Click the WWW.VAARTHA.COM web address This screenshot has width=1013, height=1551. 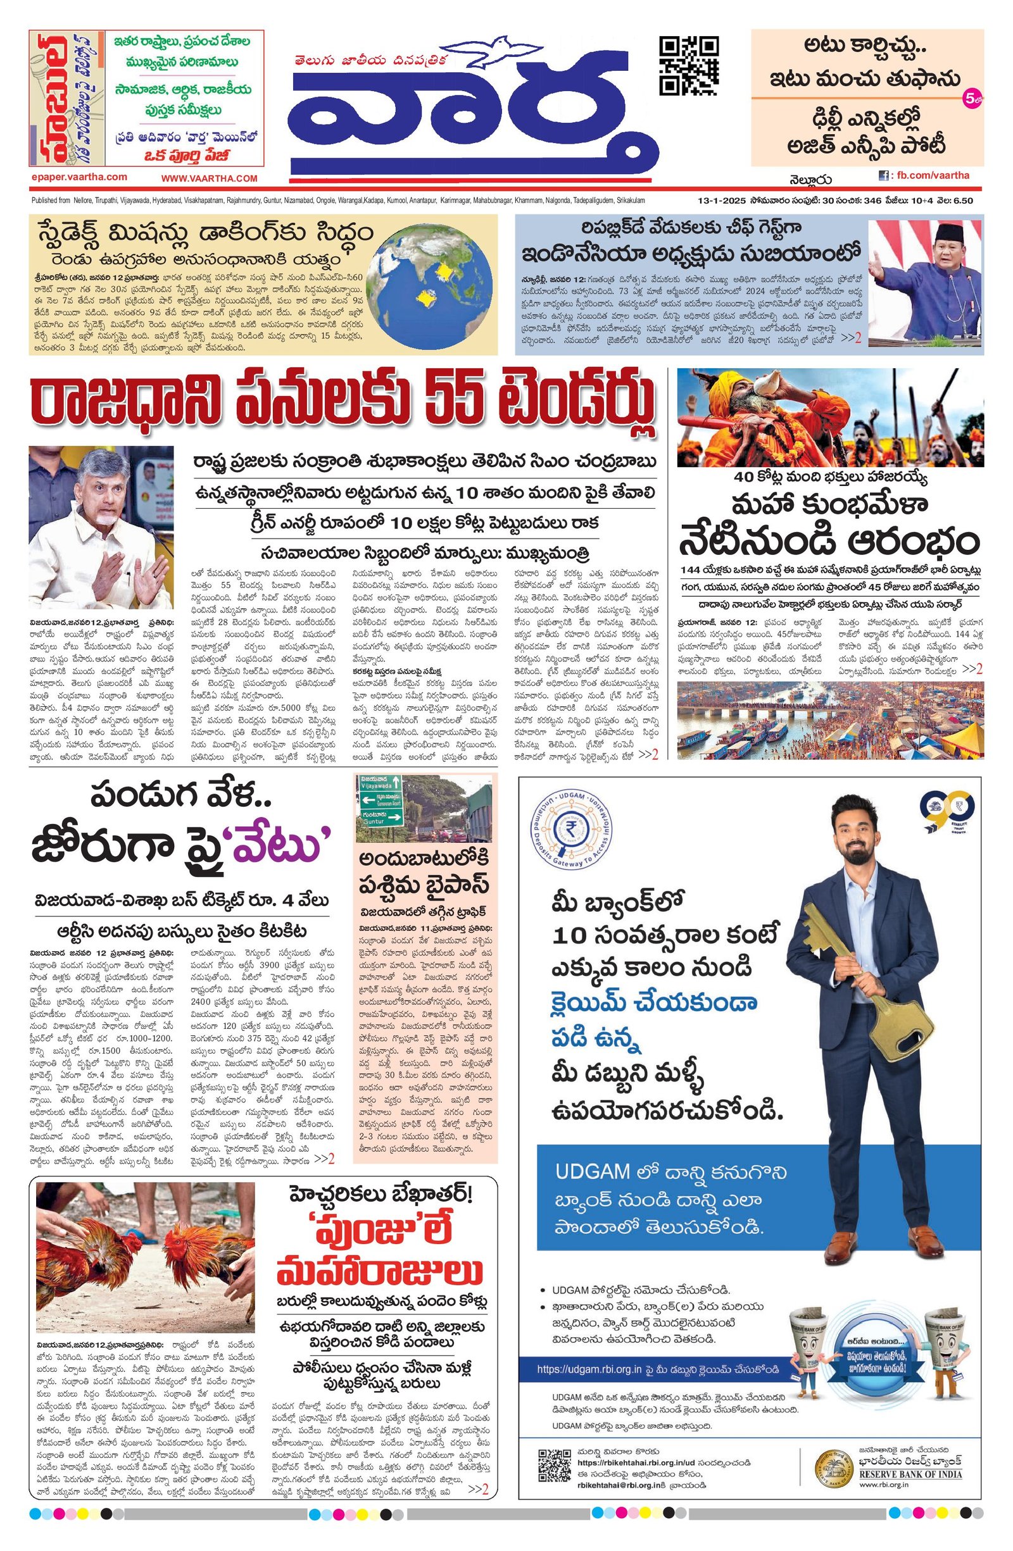(210, 178)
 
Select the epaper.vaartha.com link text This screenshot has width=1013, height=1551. (79, 177)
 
